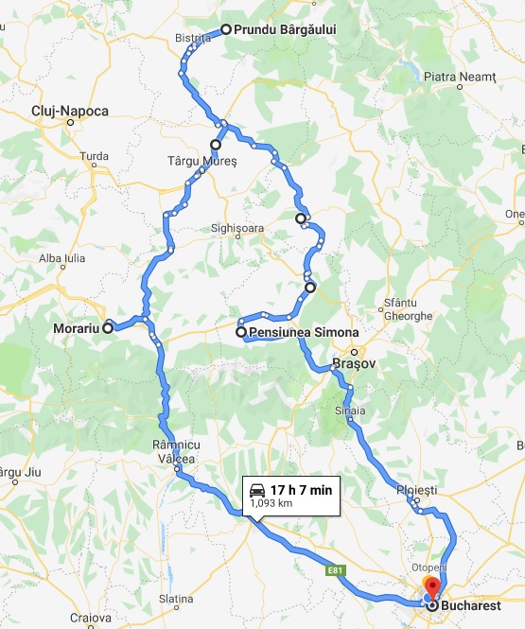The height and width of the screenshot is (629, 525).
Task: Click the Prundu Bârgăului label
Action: [285, 29]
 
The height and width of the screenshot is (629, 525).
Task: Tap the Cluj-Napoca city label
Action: [70, 112]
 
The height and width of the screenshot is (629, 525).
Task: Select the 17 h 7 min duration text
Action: [300, 489]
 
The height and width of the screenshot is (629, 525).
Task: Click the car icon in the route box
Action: [256, 489]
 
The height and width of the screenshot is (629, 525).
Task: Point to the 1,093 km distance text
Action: [271, 505]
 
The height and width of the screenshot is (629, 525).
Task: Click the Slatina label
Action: [176, 599]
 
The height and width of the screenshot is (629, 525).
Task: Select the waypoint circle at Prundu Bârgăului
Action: [226, 29]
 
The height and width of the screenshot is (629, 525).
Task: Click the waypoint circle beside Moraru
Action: [108, 328]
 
